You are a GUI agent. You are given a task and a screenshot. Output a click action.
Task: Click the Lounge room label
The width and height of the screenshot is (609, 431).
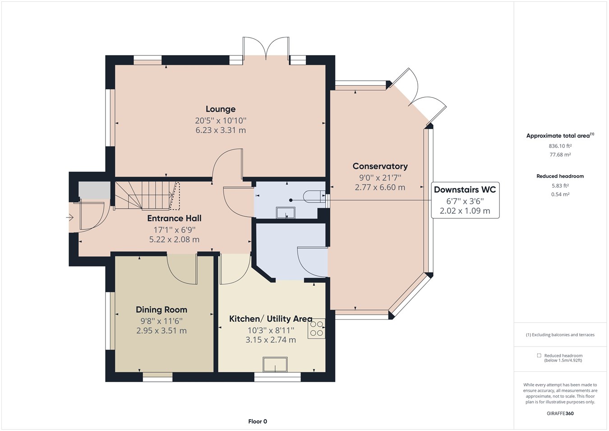pos(221,109)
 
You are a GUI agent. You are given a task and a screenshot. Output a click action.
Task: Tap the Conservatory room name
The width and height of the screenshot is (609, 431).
pos(380,166)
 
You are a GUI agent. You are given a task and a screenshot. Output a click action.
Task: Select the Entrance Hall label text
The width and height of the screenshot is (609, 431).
pos(174,218)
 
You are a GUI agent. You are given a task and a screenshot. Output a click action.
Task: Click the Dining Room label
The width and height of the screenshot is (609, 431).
pos(161,310)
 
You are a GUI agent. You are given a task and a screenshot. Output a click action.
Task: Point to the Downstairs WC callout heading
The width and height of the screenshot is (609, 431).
pos(465,190)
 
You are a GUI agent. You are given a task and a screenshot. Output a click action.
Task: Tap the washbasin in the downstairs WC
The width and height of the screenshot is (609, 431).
pos(286,213)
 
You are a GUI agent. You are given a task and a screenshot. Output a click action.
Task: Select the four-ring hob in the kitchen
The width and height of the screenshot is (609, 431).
pos(317,328)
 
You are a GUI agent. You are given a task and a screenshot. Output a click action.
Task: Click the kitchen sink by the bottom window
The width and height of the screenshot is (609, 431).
pos(275,364)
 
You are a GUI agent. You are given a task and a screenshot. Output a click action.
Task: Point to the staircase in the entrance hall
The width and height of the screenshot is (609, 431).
pos(147,195)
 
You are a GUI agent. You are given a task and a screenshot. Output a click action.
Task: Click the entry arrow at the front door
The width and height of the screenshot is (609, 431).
pos(69,218)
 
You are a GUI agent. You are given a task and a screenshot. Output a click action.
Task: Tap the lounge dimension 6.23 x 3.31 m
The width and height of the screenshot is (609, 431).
pos(221,130)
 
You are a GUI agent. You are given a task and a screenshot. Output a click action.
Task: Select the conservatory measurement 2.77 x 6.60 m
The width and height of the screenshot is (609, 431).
pos(380,187)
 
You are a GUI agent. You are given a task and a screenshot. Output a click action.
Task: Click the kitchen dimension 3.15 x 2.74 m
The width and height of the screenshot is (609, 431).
pos(271,340)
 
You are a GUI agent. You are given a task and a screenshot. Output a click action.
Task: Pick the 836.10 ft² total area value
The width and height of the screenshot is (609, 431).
pos(560,146)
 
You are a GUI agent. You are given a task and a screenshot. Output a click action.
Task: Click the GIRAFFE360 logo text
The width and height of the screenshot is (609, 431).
pos(560,413)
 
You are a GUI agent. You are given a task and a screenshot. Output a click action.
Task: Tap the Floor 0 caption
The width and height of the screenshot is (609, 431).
pos(258,422)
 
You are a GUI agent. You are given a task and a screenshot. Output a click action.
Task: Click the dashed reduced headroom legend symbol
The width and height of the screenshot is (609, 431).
pos(539,355)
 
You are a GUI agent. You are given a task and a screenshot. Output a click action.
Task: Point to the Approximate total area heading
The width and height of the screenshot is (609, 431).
pos(560,135)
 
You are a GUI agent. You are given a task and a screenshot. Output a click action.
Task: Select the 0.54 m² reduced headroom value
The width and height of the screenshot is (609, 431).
pos(560,195)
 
